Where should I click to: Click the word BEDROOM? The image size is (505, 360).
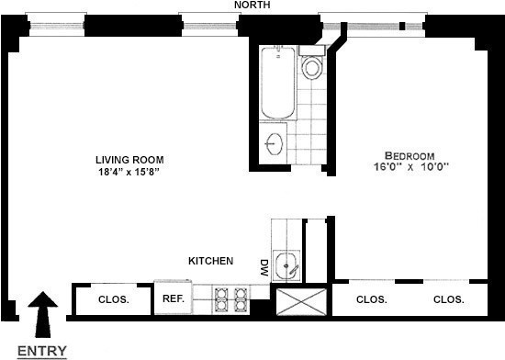[409, 155]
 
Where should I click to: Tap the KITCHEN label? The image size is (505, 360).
[210, 261]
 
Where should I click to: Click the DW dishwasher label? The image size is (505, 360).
[264, 268]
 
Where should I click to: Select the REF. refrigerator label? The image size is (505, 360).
[174, 298]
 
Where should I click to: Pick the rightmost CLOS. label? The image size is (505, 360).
[448, 299]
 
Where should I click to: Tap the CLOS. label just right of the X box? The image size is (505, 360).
[371, 299]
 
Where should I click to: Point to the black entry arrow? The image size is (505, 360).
[42, 311]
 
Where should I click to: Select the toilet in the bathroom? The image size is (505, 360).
[311, 65]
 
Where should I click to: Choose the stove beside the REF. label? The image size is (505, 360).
[230, 298]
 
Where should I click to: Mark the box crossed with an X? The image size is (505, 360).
[302, 300]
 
